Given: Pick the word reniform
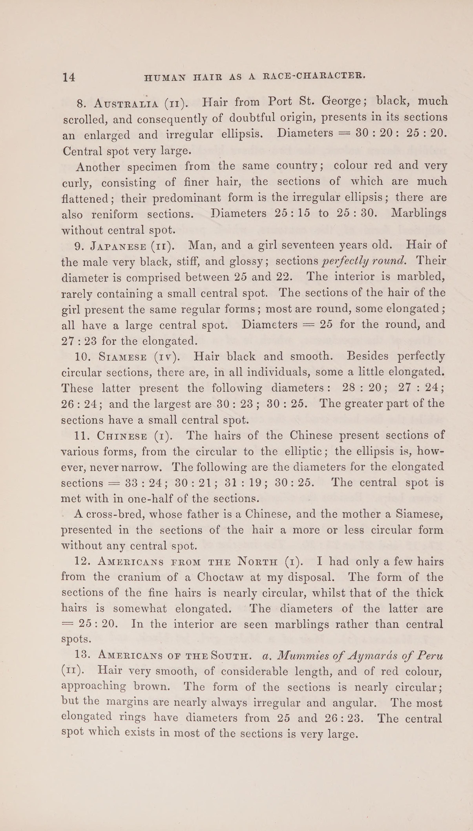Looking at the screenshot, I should pos(115,214).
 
